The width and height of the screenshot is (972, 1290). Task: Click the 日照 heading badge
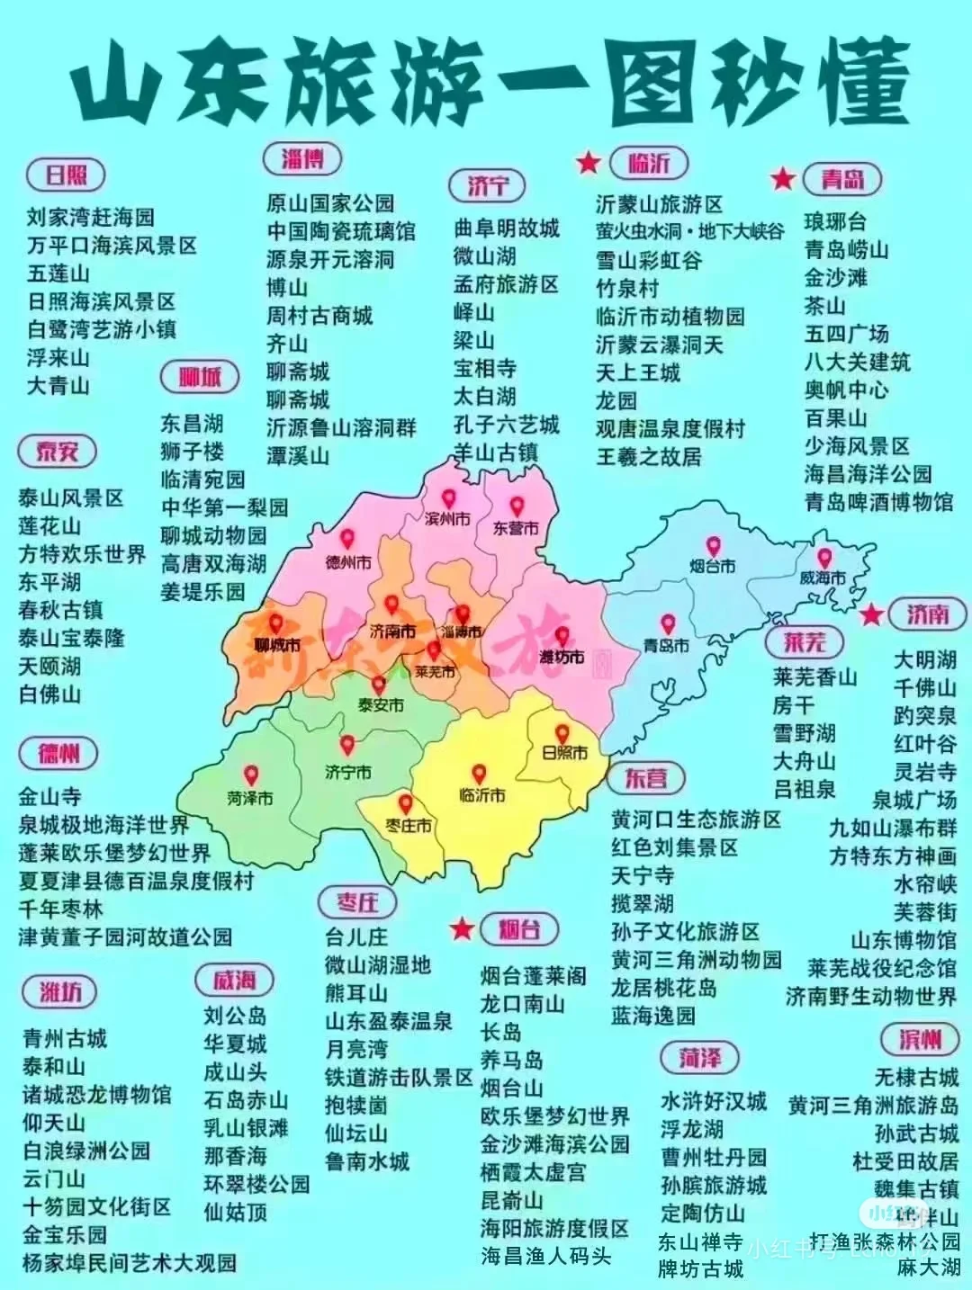67,175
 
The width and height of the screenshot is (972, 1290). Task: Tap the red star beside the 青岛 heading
783,178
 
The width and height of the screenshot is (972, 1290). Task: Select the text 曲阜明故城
506,228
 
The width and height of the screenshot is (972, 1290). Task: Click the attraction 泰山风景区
71,498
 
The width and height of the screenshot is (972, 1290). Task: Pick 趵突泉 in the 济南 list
924,716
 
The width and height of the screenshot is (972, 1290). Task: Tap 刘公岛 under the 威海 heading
235,1016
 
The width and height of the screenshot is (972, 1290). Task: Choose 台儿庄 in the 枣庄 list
356,937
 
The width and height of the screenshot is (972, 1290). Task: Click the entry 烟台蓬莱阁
533,976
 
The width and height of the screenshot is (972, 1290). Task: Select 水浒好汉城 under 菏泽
714,1101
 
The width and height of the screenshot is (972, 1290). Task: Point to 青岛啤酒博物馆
878,502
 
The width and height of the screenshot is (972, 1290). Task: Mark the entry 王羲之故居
648,457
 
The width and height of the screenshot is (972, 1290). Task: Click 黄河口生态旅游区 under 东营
696,820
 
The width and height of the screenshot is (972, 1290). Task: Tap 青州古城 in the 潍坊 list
65,1039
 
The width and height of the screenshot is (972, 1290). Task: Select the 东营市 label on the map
515,529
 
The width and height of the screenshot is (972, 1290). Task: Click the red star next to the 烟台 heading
462,928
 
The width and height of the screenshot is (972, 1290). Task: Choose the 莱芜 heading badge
804,642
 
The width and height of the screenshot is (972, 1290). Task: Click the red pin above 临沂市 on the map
479,774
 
